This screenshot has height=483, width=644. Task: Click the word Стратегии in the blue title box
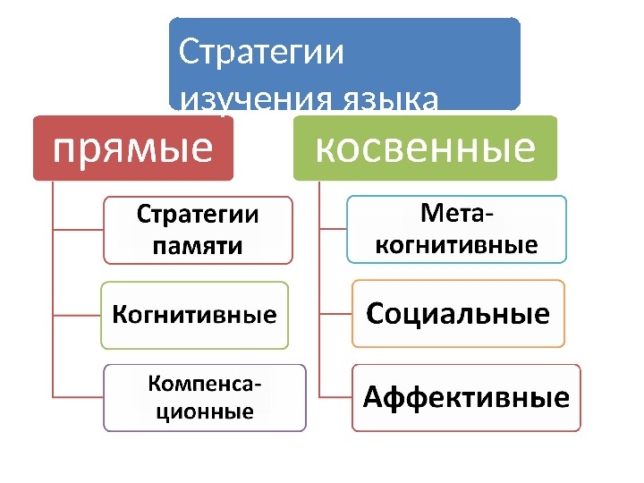coord(261,52)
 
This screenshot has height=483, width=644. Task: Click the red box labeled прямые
coord(133,148)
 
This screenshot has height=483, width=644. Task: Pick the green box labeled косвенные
coord(425,148)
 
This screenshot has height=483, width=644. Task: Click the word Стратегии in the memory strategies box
coord(198,216)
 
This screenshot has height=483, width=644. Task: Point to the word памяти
coord(198,244)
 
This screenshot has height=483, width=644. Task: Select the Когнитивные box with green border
coord(194,315)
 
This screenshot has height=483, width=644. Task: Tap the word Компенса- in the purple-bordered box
coord(205,386)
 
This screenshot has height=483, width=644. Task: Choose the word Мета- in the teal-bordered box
coord(455,215)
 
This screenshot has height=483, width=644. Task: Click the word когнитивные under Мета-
coord(457,243)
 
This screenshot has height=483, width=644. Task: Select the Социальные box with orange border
coord(458,314)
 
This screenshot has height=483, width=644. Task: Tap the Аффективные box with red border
coord(466,397)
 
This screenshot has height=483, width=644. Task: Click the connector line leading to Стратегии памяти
coord(78,231)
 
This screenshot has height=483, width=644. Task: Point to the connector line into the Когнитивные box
coord(77,316)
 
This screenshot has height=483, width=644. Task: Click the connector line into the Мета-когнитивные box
coord(333,229)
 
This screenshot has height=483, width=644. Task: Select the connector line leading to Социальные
coord(335,314)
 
